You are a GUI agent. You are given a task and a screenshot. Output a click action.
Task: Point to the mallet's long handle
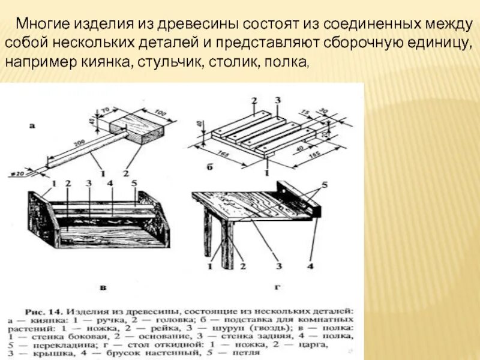pos(84,150)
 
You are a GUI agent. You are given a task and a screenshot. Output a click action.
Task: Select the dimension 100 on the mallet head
pos(159,112)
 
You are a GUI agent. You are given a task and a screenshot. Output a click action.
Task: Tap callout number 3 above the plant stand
pos(277,100)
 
